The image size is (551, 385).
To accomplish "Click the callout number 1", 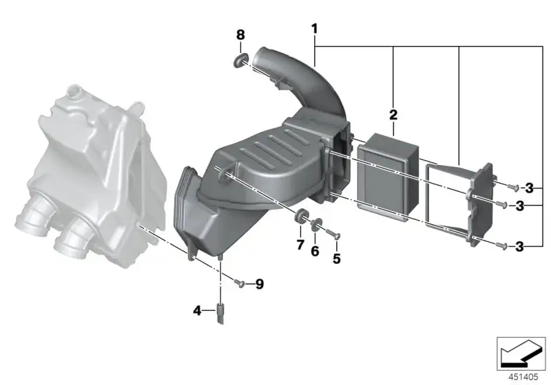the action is click(x=314, y=29).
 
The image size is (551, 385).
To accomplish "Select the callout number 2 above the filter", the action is click(x=393, y=115).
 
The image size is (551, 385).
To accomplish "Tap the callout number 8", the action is click(x=240, y=34).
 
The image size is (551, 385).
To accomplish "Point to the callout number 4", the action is click(x=198, y=310).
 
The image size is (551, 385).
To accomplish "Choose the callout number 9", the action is click(x=260, y=284).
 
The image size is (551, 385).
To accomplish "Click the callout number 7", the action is click(x=300, y=244).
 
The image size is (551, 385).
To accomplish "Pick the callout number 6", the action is click(x=315, y=251).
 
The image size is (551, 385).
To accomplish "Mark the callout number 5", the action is click(x=336, y=258).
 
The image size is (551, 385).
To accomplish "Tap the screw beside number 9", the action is click(x=239, y=283).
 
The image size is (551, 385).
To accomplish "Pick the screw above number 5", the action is click(x=333, y=234).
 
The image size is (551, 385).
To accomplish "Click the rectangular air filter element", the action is click(x=388, y=177).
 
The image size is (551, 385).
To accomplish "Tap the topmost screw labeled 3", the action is click(x=513, y=187).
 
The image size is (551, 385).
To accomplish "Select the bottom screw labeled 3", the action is click(x=502, y=245).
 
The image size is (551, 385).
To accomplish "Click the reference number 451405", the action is click(x=523, y=377).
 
